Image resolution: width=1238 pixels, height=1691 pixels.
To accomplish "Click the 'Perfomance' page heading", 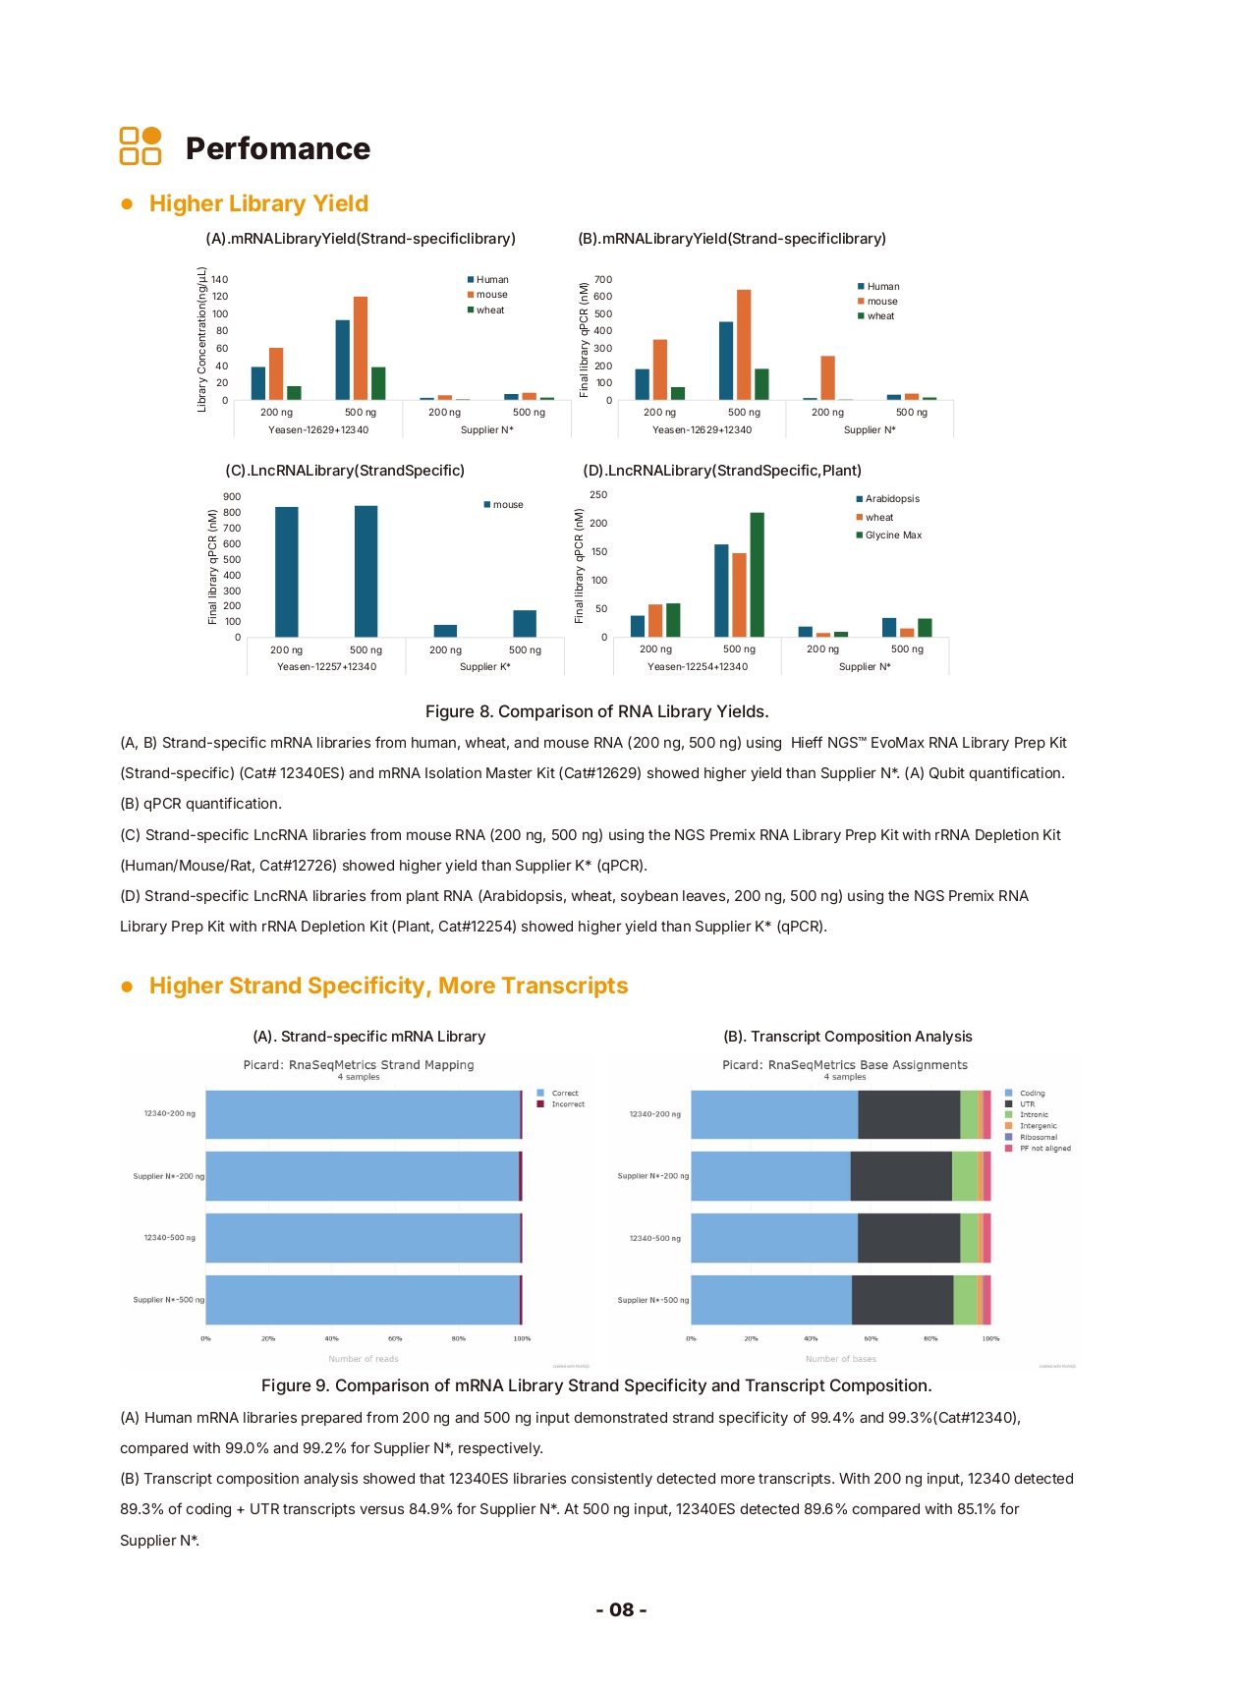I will (x=278, y=148).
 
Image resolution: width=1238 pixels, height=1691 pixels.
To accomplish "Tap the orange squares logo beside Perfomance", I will (x=141, y=145).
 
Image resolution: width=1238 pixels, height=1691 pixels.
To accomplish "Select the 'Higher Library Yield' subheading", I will (x=258, y=203).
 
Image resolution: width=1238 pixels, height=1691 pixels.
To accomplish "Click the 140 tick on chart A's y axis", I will (x=220, y=280).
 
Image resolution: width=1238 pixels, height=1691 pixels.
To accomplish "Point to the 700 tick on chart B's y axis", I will (x=603, y=280).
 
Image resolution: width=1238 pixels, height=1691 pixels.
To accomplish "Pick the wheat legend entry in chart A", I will (x=489, y=310).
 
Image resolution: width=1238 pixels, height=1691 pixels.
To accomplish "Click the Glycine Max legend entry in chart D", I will (x=892, y=535).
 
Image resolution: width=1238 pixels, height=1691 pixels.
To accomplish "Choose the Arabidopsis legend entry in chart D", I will (x=891, y=499).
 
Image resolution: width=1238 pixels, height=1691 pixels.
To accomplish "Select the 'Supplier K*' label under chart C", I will (x=485, y=667).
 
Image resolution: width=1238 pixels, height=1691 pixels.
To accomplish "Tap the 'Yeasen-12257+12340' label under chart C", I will (x=326, y=667).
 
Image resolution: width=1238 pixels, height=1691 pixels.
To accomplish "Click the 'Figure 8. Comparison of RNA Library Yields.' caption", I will (x=596, y=711).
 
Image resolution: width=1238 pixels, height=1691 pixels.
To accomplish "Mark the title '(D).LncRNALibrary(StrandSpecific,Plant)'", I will (x=722, y=471).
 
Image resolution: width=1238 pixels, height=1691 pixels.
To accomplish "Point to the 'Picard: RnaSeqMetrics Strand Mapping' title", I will (x=359, y=1065).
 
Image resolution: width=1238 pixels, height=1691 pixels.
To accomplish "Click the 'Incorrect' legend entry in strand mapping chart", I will (x=567, y=1104).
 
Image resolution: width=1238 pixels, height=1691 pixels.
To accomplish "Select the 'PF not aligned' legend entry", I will (x=1044, y=1149).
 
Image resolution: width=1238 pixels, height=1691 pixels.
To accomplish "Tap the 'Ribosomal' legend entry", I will (x=1038, y=1138).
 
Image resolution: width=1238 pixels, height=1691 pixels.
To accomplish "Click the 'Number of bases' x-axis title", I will (x=841, y=1359).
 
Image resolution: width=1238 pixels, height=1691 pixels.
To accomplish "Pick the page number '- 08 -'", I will (x=621, y=1609).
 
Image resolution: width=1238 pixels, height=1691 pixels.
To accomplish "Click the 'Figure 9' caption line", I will (x=596, y=1385).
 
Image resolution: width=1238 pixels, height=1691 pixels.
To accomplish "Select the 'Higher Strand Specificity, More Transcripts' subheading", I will (x=388, y=986).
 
